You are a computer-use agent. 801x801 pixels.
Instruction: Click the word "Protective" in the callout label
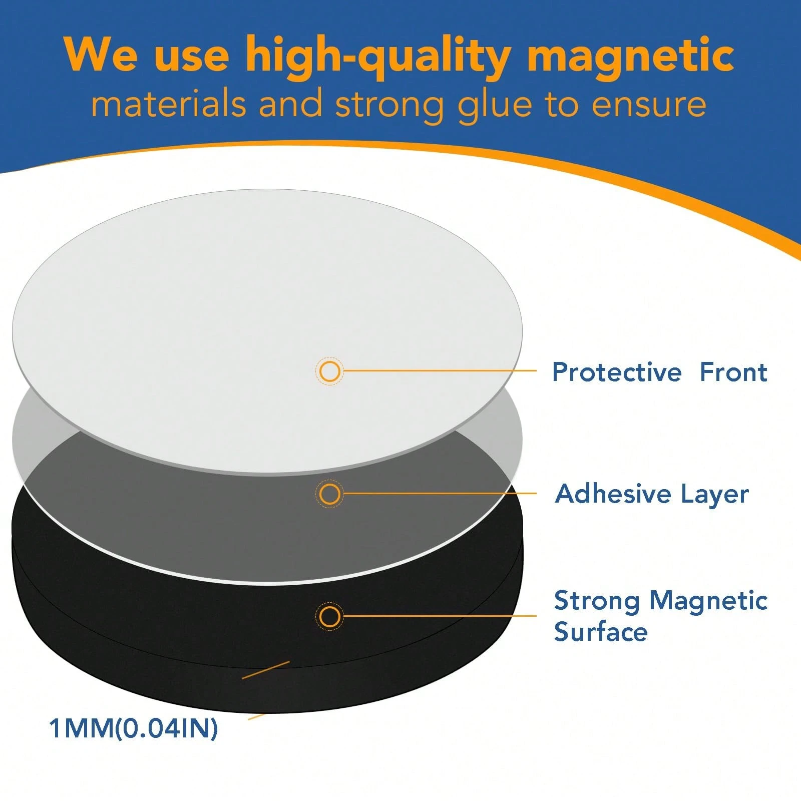617,372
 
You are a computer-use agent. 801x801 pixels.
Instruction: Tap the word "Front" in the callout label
733,372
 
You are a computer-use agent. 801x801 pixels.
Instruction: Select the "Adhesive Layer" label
652,494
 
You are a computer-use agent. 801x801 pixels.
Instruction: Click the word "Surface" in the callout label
601,631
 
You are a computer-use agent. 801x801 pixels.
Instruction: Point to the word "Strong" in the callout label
597,600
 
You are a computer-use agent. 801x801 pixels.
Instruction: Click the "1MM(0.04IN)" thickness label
133,728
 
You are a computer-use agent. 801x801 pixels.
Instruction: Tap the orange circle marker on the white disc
329,371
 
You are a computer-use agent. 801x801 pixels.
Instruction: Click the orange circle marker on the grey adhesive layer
329,494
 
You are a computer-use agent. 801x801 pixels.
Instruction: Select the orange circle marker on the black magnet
329,616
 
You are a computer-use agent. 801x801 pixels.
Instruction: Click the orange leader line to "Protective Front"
441,371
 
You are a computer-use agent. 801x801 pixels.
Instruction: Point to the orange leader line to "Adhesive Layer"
441,494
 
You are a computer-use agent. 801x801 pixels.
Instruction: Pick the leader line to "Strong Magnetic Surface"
441,616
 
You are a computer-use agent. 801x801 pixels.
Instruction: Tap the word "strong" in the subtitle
389,105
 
